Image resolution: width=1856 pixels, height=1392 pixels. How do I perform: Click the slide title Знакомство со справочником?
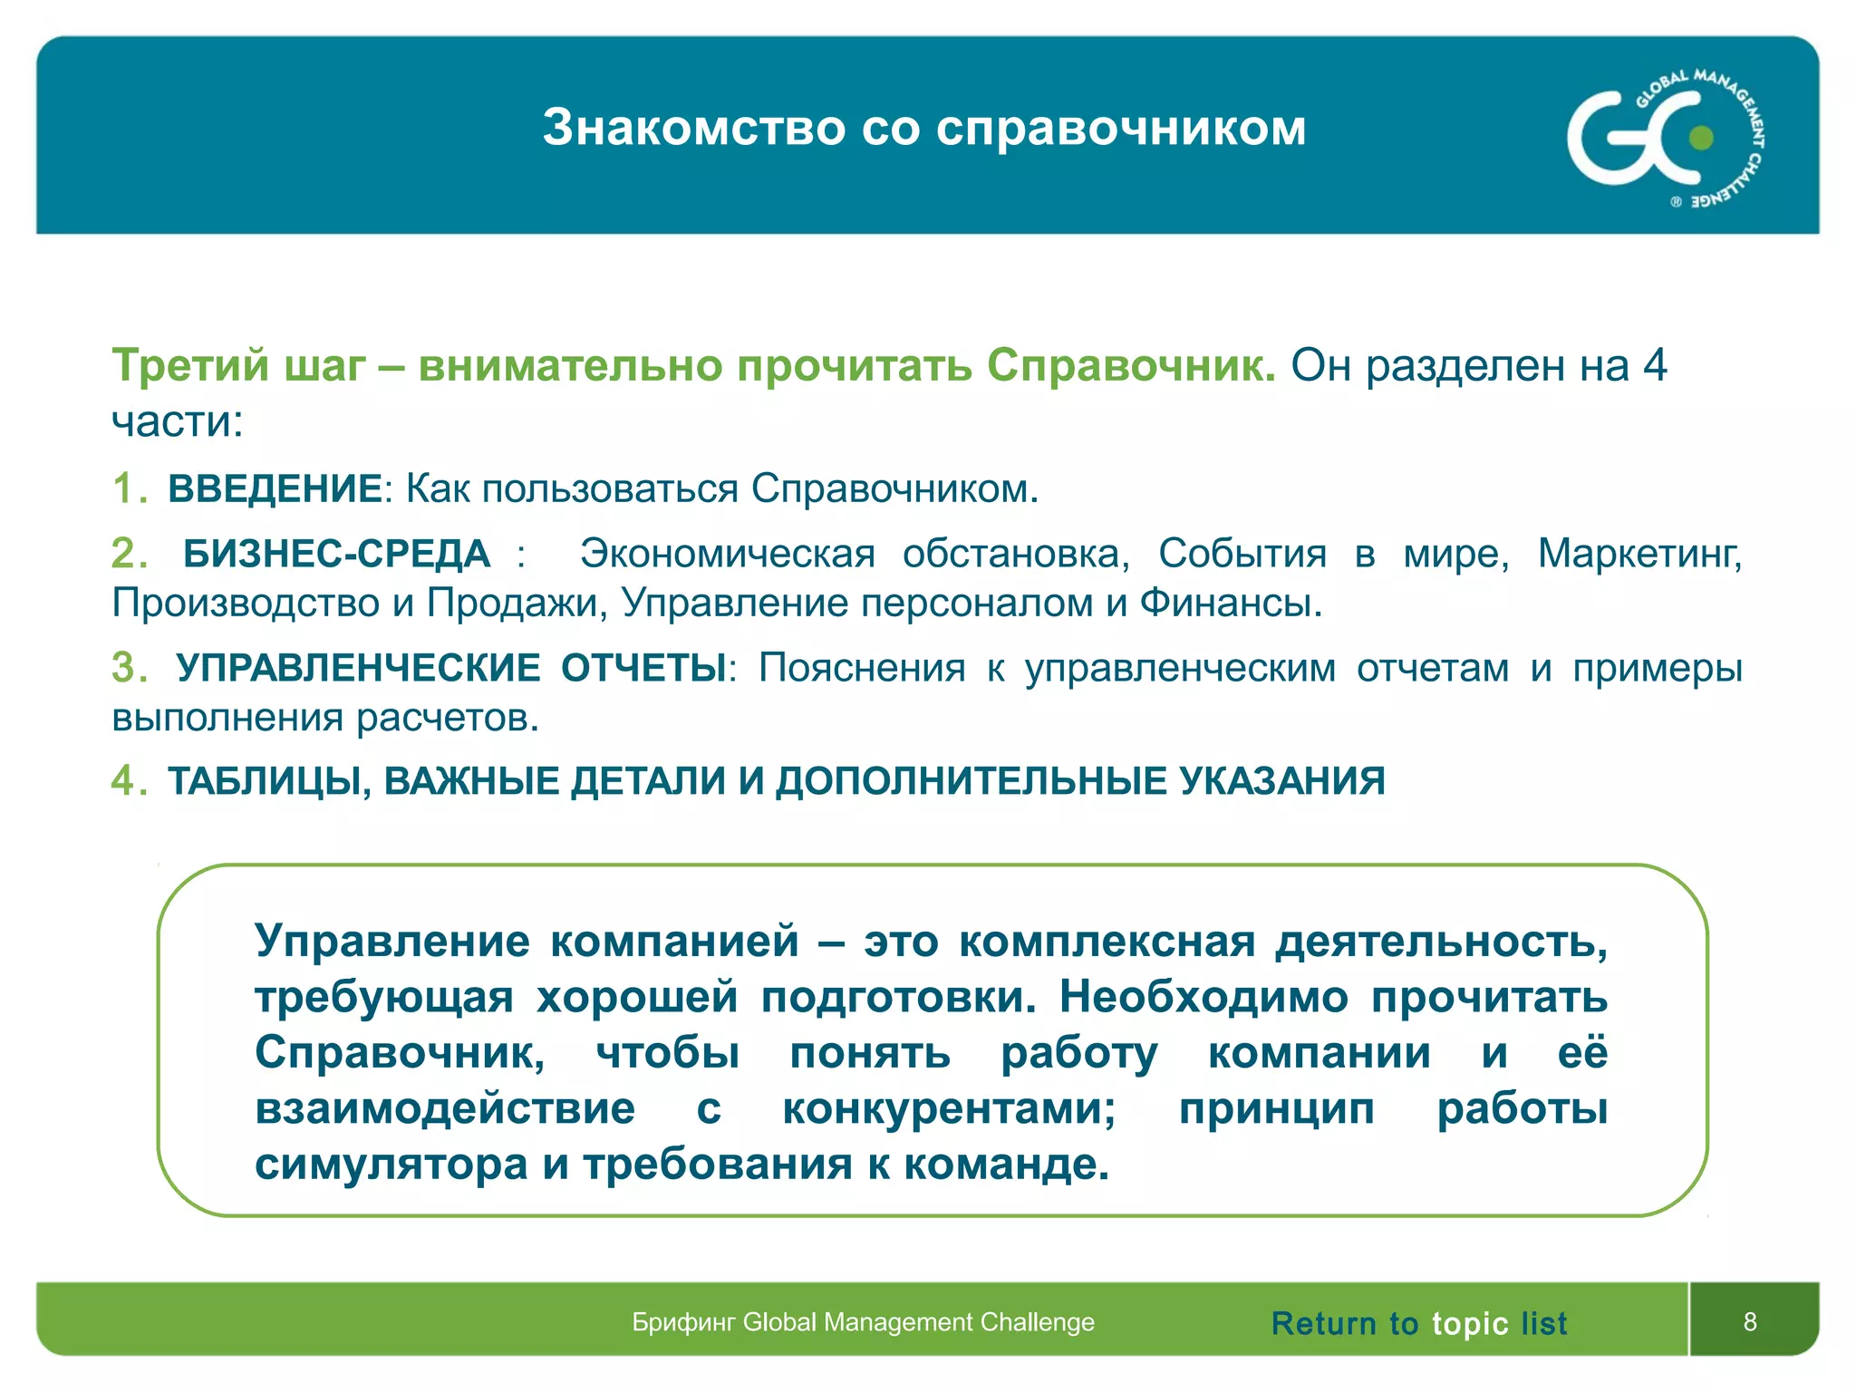924,128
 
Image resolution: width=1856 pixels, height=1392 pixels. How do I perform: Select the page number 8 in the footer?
1750,1321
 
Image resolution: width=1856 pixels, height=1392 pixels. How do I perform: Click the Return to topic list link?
1418,1323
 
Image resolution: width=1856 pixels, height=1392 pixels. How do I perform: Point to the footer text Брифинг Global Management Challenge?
863,1322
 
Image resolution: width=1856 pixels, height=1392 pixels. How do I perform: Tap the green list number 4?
124,781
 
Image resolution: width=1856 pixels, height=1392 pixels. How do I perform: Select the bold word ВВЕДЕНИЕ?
275,489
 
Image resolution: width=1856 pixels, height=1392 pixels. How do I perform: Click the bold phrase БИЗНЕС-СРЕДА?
336,554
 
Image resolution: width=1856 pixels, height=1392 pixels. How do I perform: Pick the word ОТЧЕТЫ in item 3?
643,668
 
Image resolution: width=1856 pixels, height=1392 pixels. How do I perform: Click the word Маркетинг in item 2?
1638,554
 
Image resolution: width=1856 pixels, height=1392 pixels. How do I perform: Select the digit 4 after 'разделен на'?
1655,366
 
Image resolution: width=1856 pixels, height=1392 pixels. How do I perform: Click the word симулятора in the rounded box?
391,1165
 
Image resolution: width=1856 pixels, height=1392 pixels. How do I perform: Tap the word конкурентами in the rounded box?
948,1109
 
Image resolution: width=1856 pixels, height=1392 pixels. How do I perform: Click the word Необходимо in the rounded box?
1203,998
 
